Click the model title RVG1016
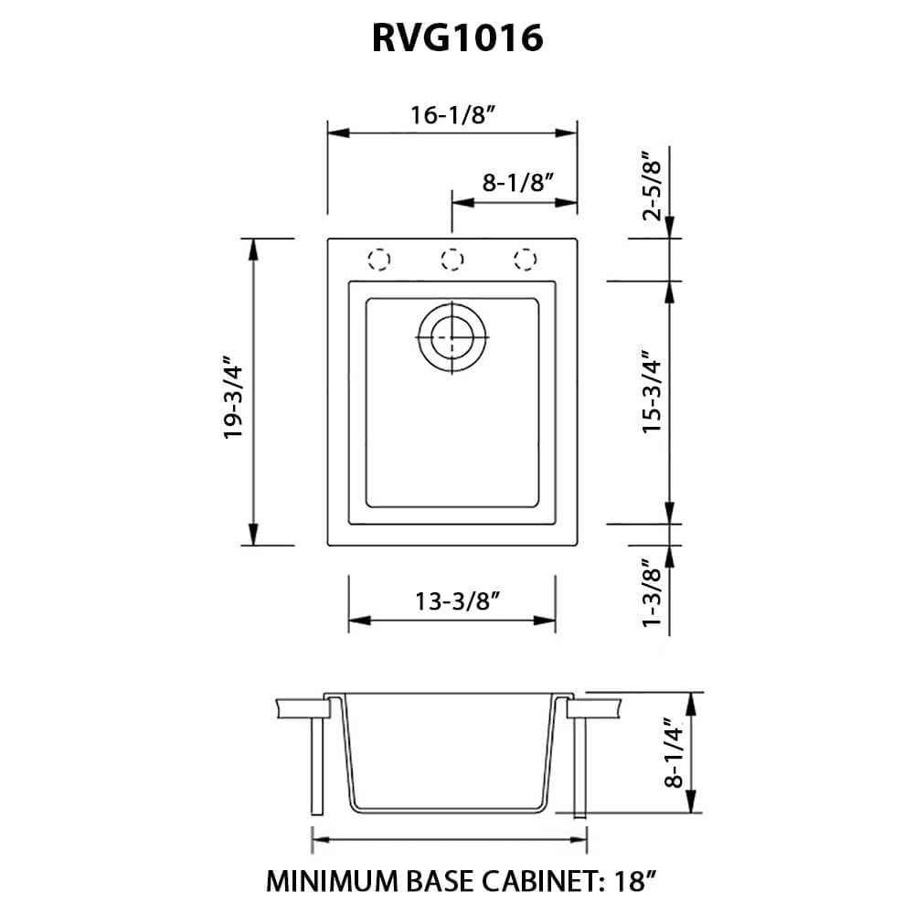(457, 39)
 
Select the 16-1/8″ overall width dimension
(453, 115)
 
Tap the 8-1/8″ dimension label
(519, 182)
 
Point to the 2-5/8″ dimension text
(651, 188)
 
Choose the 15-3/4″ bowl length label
(651, 402)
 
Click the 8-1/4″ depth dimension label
(675, 752)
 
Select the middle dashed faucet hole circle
(451, 260)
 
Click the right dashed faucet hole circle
(524, 260)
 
